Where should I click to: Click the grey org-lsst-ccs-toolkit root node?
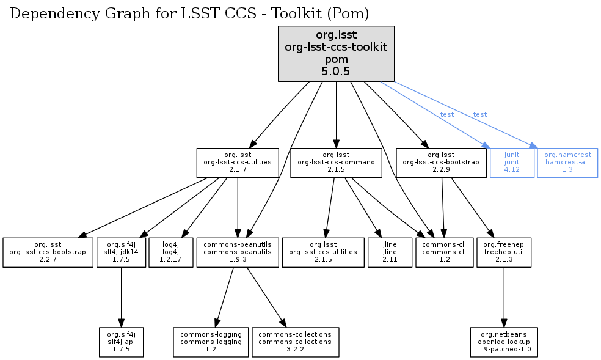pos(336,54)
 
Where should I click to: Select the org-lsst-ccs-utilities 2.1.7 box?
pos(237,163)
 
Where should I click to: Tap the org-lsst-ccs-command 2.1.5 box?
pos(337,163)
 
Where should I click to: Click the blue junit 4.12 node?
pos(512,163)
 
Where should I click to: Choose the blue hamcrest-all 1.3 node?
pos(567,163)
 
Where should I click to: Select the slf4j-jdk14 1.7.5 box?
pos(121,252)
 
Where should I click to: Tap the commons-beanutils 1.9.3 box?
pos(237,252)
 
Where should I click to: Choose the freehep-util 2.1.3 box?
pos(503,252)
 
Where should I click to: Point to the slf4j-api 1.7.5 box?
pos(121,342)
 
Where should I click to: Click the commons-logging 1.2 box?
pos(211,342)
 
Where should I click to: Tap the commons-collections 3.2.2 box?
pos(295,342)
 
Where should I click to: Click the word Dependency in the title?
pos(47,13)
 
